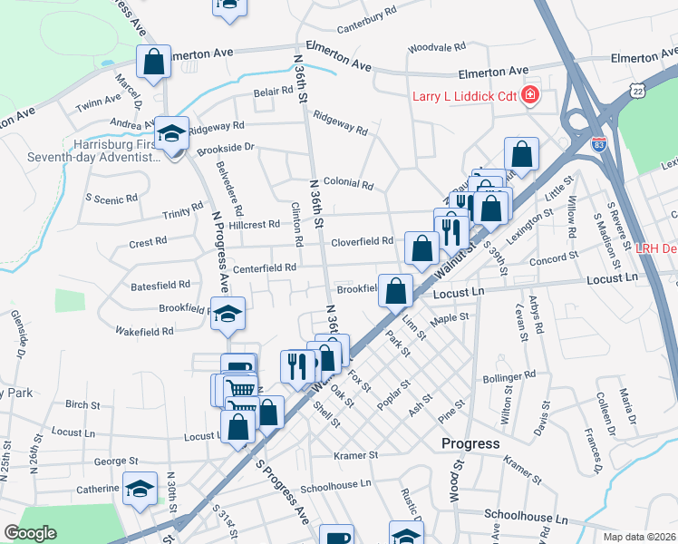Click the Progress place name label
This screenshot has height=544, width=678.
[470, 443]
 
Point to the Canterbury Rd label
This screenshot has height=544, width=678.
[366, 14]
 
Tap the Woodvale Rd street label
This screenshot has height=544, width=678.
[436, 46]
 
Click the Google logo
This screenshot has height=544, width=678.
[30, 533]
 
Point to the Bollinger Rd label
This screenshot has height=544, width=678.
[510, 376]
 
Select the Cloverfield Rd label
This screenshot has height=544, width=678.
[361, 241]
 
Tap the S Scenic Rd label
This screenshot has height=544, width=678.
[111, 197]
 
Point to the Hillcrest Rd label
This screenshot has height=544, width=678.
[254, 224]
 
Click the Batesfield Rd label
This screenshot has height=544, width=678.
[160, 284]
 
